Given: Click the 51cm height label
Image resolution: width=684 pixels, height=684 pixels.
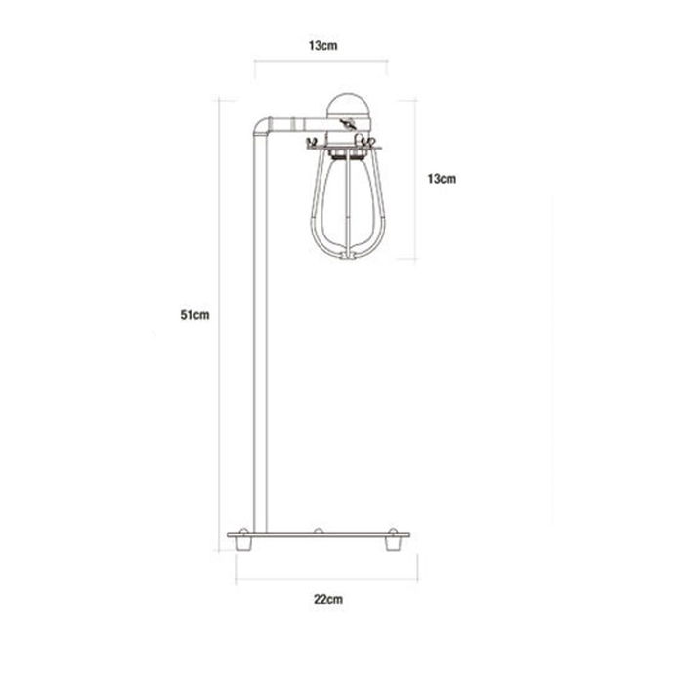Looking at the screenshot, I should [x=196, y=315].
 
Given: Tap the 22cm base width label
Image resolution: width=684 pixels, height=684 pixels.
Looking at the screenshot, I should [x=327, y=598].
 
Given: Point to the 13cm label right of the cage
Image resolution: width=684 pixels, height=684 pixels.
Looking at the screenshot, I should [x=442, y=179].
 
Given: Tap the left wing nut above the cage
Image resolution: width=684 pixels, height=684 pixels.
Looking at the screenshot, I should [x=313, y=142].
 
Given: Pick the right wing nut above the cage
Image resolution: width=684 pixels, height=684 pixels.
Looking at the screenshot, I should [x=376, y=142].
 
